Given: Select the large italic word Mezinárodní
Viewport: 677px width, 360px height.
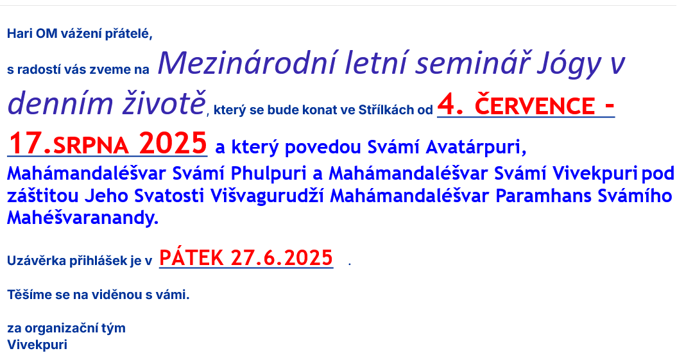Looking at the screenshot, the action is [x=247, y=63].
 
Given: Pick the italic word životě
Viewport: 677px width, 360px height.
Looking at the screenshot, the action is [x=164, y=103].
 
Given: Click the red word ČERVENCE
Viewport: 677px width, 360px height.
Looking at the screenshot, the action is [x=535, y=106].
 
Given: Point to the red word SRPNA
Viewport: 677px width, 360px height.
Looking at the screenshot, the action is [x=90, y=146].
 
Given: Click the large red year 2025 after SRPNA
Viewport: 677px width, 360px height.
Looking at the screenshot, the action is [x=173, y=143].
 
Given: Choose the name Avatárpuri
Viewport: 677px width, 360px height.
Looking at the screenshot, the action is [x=476, y=147].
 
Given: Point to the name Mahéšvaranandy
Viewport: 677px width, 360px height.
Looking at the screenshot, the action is [x=83, y=218].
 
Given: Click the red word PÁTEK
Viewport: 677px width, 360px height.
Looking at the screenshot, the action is [x=191, y=258].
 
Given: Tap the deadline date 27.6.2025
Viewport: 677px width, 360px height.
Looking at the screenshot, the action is [x=282, y=258].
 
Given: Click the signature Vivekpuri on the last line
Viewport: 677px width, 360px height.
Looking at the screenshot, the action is [x=37, y=345].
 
